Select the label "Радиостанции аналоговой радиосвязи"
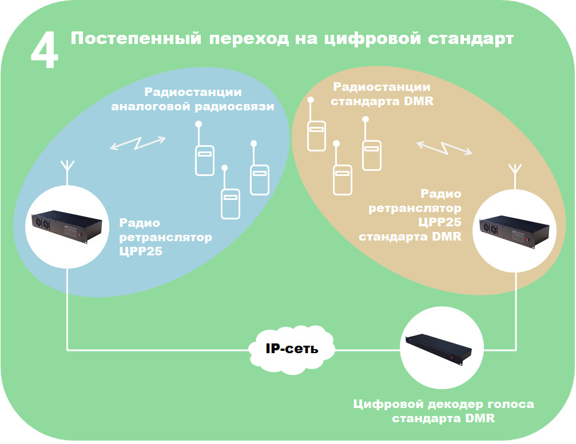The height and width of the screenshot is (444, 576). pyautogui.click(x=193, y=99)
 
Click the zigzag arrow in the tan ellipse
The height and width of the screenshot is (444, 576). pyautogui.click(x=444, y=147)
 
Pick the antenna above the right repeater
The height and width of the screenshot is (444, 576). pyautogui.click(x=514, y=173)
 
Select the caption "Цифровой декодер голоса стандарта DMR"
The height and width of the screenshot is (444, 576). pyautogui.click(x=443, y=411)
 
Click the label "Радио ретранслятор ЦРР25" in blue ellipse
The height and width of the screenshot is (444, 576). pyautogui.click(x=165, y=236)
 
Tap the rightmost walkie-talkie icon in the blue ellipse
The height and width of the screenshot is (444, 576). pyautogui.click(x=259, y=178)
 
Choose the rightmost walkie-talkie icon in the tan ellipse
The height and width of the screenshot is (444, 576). pyautogui.click(x=371, y=153)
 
